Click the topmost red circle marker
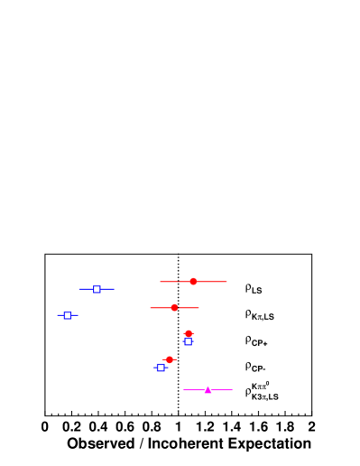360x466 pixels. (x=193, y=281)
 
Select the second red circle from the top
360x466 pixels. (x=174, y=307)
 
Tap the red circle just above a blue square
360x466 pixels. (x=189, y=333)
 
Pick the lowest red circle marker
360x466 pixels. (x=169, y=359)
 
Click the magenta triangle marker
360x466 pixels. (x=208, y=389)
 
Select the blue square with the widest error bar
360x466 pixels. (x=97, y=289)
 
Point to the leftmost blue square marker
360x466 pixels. (x=68, y=315)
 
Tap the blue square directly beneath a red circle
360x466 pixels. (x=188, y=341)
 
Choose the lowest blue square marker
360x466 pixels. (x=161, y=368)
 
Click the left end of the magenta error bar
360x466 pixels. (x=184, y=389)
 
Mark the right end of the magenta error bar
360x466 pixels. (x=232, y=389)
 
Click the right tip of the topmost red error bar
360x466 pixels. (x=226, y=281)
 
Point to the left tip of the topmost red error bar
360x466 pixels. (x=161, y=281)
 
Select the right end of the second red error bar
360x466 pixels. (x=198, y=307)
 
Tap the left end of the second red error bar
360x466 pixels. (x=150, y=307)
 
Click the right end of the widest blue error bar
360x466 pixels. (x=115, y=289)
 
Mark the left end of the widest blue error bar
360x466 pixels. (x=79, y=289)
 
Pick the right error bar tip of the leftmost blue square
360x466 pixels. (x=78, y=315)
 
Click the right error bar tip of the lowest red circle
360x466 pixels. (x=178, y=359)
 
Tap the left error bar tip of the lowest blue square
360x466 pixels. (x=153, y=368)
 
